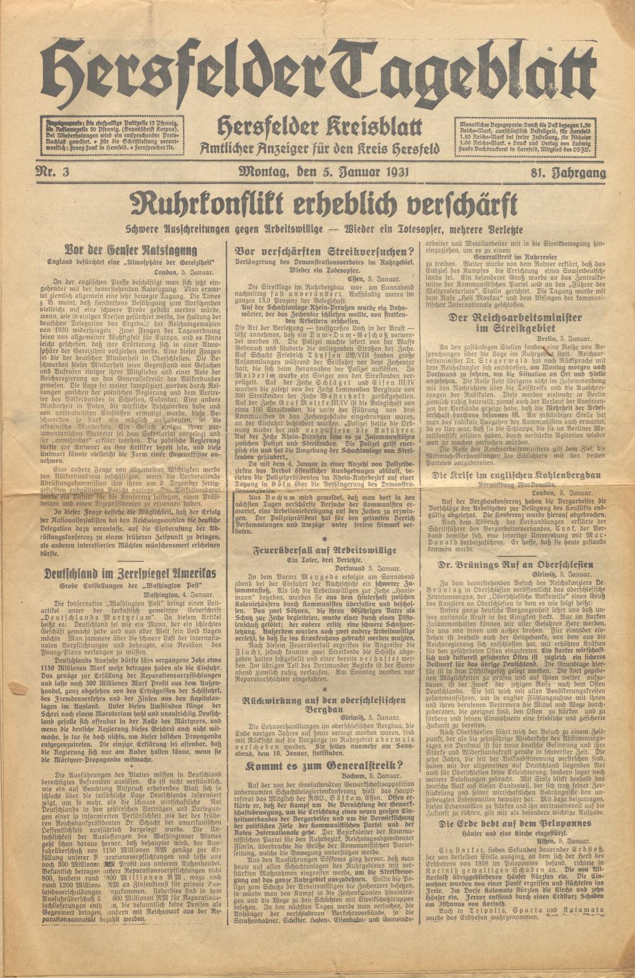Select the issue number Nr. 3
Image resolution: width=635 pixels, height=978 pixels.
coord(56,173)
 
